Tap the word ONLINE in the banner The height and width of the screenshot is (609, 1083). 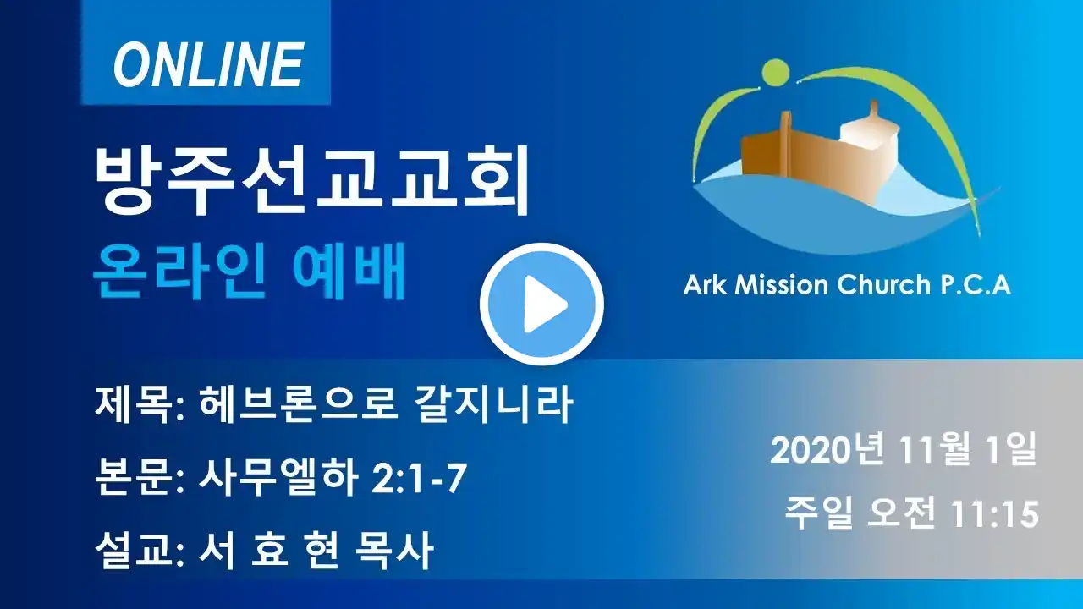click(208, 63)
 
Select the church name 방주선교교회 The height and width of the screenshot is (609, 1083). click(312, 181)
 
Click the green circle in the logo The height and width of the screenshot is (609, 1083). click(776, 74)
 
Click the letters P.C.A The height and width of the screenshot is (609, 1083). click(975, 285)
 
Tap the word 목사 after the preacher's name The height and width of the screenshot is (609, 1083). click(393, 551)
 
